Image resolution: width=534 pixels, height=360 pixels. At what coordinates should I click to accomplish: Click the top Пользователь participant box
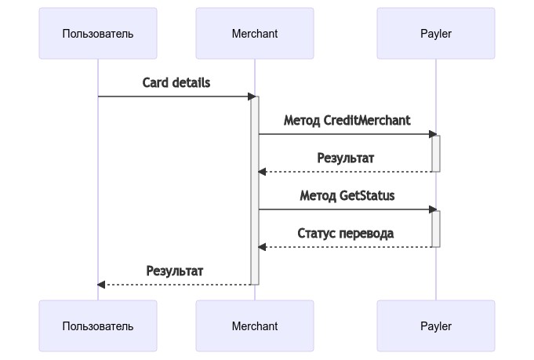pos(98,34)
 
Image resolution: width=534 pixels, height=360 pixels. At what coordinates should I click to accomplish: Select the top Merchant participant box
pos(255,34)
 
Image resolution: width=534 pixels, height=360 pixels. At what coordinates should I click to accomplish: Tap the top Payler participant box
pos(436,34)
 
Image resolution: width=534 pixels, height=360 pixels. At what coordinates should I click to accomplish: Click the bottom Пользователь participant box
pos(98,326)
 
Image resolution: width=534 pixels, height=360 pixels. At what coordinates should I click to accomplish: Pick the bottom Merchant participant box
pos(255,326)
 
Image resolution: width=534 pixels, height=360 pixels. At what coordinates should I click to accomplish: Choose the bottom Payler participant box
pos(436,326)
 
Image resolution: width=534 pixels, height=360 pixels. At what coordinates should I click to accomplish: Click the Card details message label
pos(176,82)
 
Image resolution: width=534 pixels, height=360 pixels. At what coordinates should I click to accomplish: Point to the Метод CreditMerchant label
pos(347,120)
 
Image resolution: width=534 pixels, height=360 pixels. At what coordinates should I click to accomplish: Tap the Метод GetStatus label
pos(347,195)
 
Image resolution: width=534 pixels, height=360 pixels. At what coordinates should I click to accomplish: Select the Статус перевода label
pos(346,233)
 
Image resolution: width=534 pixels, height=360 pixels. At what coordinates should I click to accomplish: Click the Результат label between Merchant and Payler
pos(346,158)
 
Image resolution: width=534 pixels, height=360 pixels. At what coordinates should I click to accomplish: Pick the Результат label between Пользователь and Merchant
pos(175,271)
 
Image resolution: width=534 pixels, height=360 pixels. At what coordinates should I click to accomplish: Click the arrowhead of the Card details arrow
pos(253,96)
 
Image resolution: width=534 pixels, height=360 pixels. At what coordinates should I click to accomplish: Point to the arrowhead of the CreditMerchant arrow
pos(433,134)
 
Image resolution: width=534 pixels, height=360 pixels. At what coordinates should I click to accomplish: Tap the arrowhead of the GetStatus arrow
pos(433,209)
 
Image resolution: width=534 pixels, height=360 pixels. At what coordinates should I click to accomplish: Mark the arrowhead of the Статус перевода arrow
pos(262,247)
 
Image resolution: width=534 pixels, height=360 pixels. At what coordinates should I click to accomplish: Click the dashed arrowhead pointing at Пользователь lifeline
pos(101,285)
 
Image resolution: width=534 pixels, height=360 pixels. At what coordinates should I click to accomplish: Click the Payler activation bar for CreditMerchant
pos(436,153)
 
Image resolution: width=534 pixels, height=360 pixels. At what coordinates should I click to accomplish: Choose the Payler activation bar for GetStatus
pos(436,228)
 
